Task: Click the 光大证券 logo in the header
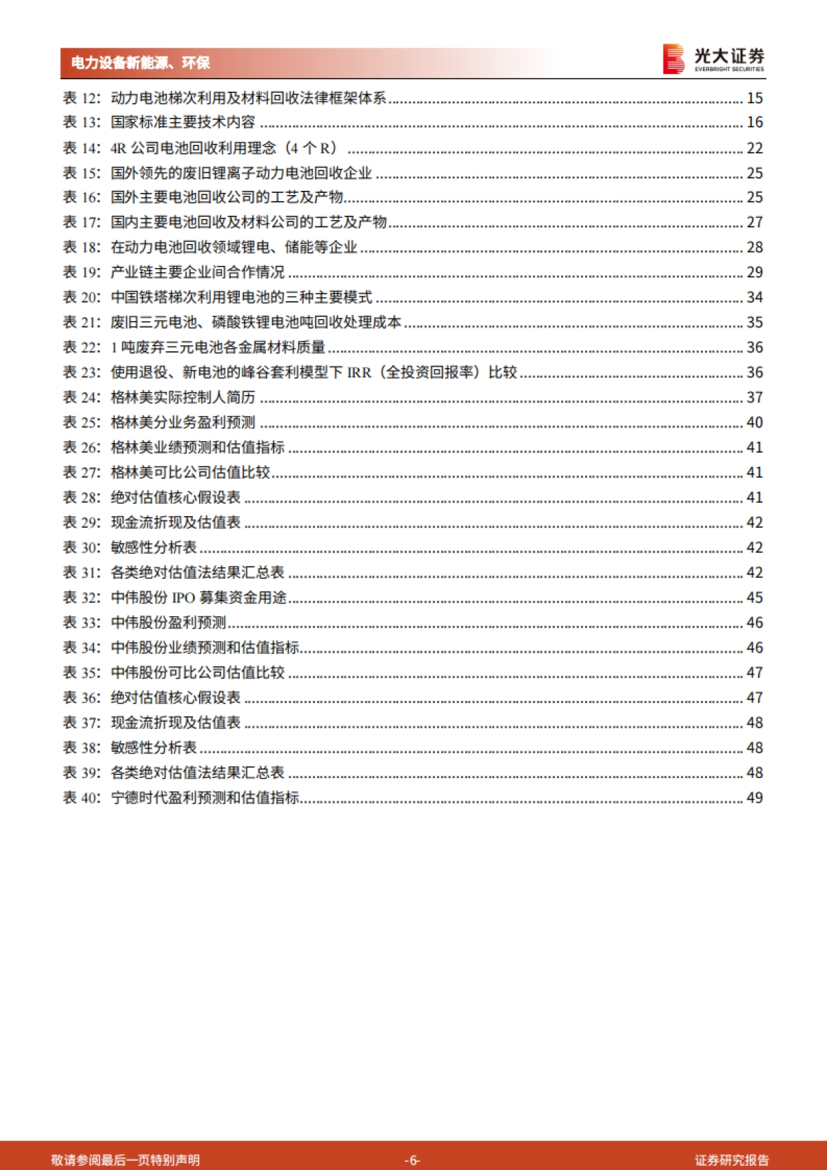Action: (713, 59)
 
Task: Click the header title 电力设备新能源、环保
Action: (141, 63)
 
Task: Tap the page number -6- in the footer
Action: (412, 1160)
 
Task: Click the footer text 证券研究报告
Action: (731, 1160)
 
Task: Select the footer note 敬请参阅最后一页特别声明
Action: (125, 1160)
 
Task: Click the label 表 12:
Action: (82, 99)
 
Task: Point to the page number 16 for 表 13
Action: (755, 123)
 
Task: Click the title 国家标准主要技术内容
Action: (183, 123)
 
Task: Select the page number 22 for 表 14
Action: (755, 148)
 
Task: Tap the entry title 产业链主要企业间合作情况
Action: (198, 272)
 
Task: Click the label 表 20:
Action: (82, 298)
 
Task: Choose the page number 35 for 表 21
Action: (755, 322)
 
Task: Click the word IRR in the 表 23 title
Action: (359, 373)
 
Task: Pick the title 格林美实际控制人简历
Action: (183, 398)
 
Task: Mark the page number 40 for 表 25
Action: (755, 422)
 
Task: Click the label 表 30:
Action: (82, 548)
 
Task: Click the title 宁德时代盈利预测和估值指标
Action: (205, 798)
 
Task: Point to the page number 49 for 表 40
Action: (755, 798)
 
